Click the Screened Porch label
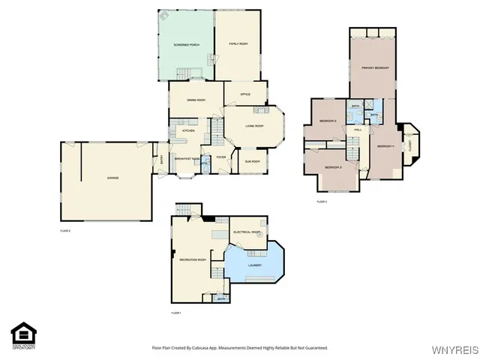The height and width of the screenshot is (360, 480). coord(186,45)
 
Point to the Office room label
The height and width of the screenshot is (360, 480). coord(244,94)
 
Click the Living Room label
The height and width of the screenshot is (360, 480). coord(254,125)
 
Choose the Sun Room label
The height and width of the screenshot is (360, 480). coord(251,161)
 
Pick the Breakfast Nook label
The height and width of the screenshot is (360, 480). coord(187,159)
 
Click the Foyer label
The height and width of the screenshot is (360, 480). coord(221,157)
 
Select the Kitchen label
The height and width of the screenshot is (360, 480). coord(188,131)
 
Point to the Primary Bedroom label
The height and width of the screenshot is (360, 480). coord(373,67)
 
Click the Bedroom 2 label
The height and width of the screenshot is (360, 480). coord(328,121)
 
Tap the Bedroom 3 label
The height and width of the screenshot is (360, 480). coord(334,167)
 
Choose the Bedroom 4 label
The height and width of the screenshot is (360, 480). coord(385,145)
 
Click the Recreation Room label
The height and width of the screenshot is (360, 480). coord(193,259)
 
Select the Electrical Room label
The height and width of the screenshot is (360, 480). coord(247,232)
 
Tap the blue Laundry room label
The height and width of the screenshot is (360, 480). coord(254,265)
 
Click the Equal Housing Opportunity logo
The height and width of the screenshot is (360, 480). coord(24,335)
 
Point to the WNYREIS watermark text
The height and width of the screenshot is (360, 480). coord(454,350)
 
